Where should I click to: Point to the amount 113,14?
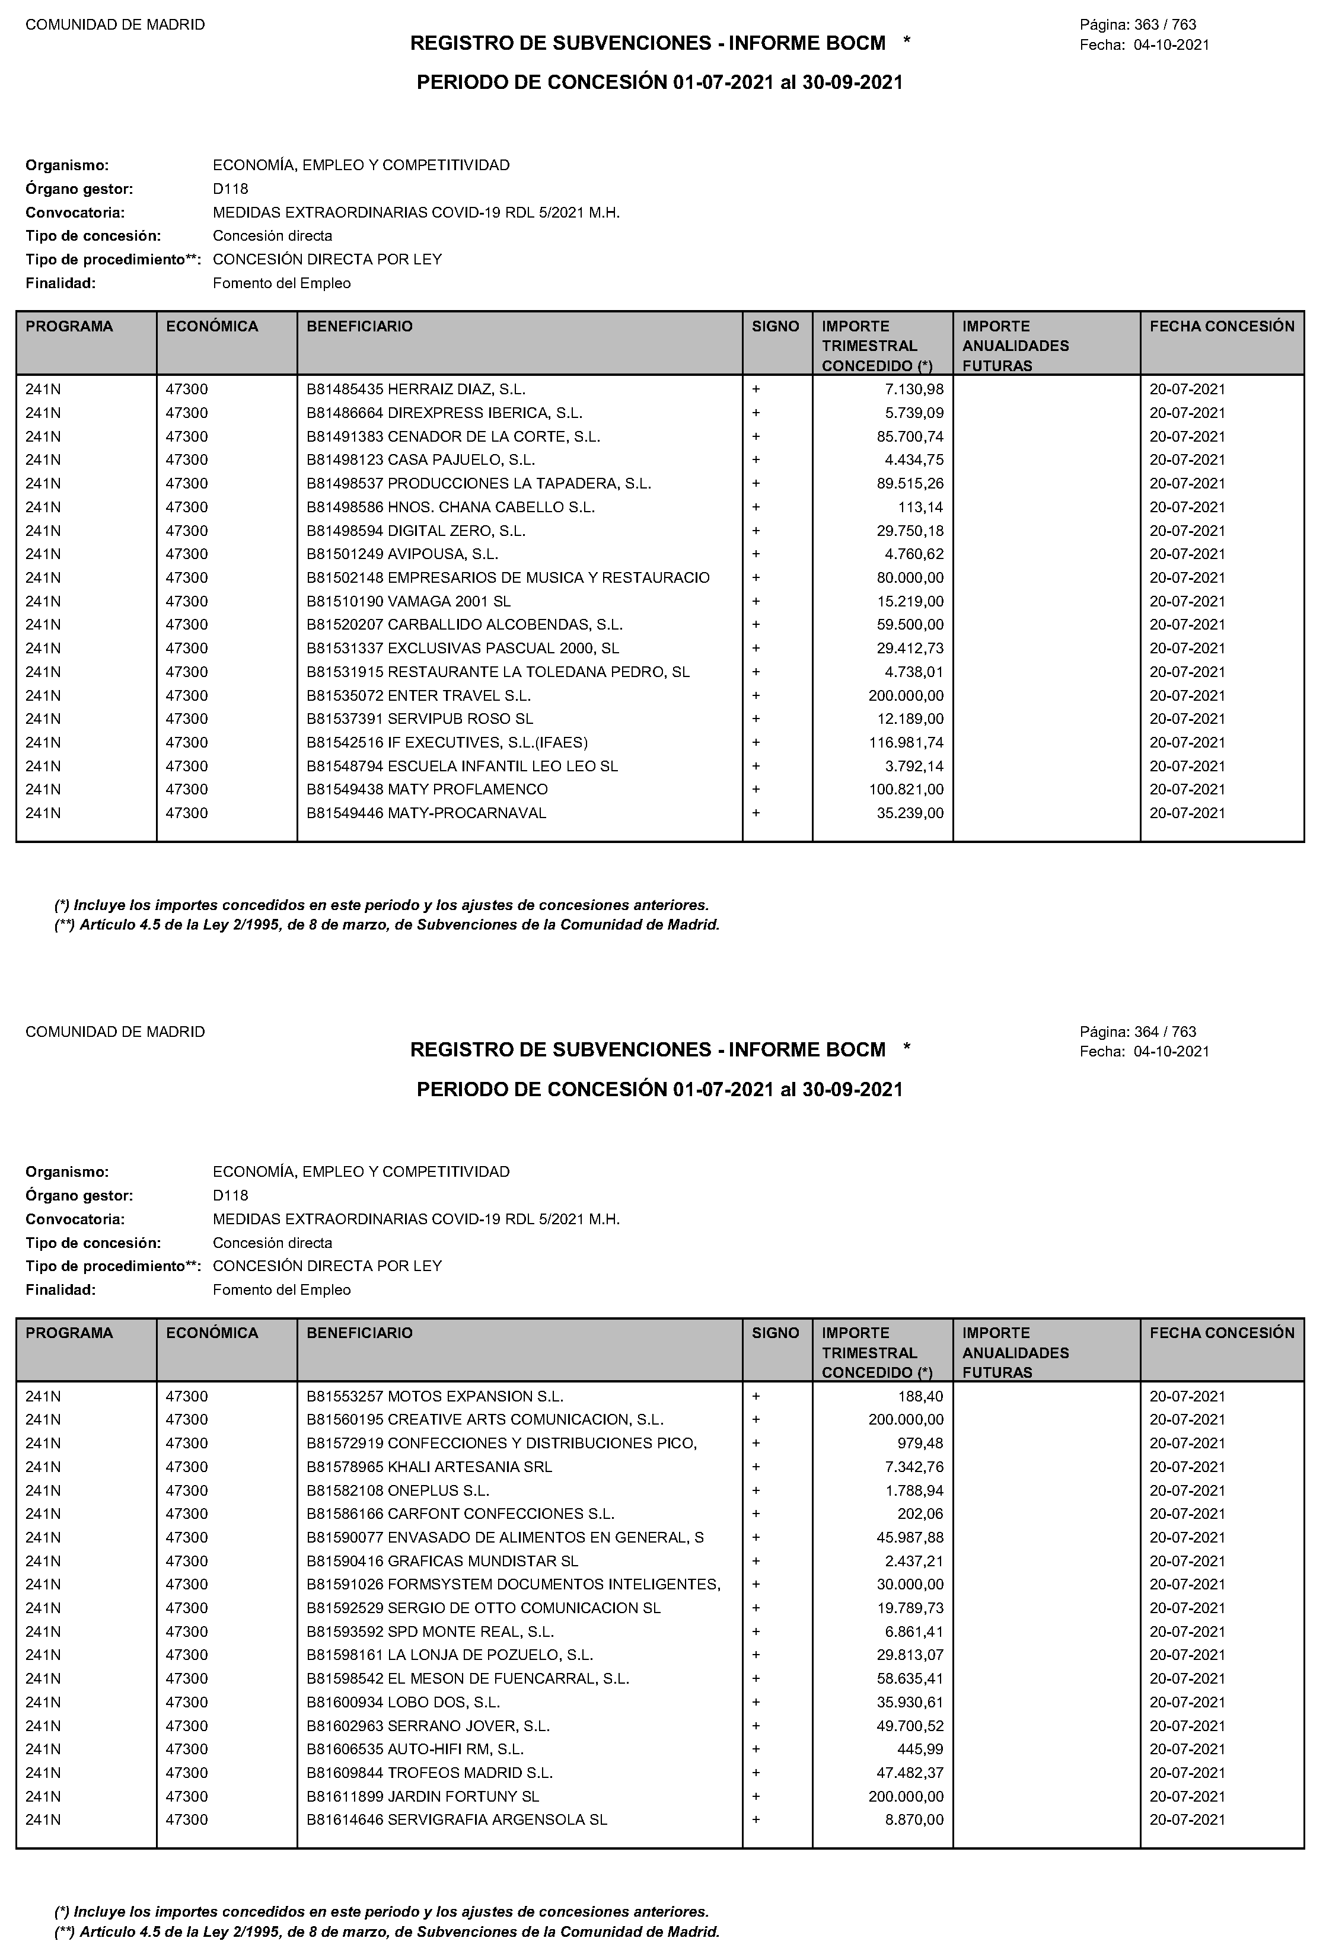(x=921, y=507)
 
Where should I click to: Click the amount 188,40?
(x=921, y=1397)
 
